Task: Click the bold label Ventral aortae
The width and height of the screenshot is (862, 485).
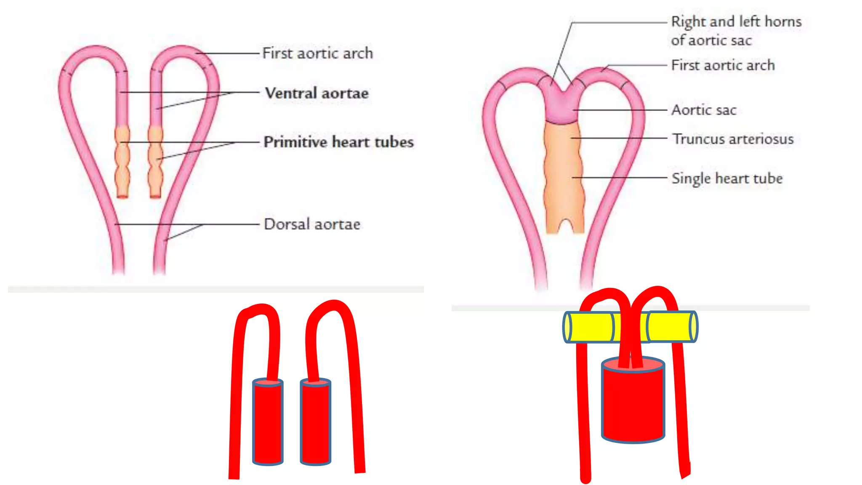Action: [317, 93]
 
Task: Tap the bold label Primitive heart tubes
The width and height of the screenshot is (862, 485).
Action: [338, 142]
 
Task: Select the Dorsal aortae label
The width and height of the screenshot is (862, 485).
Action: [312, 224]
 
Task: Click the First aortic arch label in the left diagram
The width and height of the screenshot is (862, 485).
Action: [317, 53]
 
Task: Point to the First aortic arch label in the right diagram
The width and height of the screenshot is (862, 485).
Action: [723, 65]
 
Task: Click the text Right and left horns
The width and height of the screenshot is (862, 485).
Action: [736, 21]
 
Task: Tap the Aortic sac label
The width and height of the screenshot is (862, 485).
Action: [704, 110]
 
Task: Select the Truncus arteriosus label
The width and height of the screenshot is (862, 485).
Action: [733, 139]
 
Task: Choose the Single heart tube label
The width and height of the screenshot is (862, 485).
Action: [727, 178]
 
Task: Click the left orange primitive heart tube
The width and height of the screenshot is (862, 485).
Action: [122, 162]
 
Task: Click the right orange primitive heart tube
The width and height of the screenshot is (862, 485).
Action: [155, 162]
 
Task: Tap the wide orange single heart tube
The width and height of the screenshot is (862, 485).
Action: [564, 177]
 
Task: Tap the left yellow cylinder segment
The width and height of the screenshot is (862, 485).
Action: [589, 327]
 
